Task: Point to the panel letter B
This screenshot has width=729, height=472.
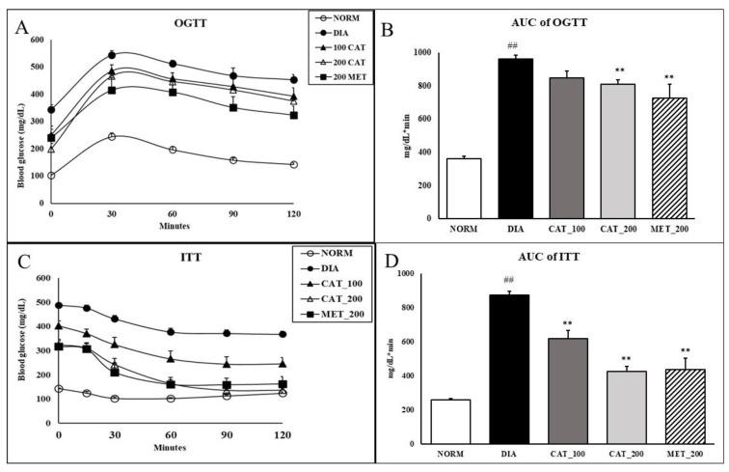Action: [x=391, y=28]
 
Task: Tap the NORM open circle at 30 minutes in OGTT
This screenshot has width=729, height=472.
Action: [x=112, y=136]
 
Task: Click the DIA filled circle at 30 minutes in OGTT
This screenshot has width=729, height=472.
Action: [x=112, y=55]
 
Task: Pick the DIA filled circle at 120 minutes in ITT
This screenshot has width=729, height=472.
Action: [x=282, y=334]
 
